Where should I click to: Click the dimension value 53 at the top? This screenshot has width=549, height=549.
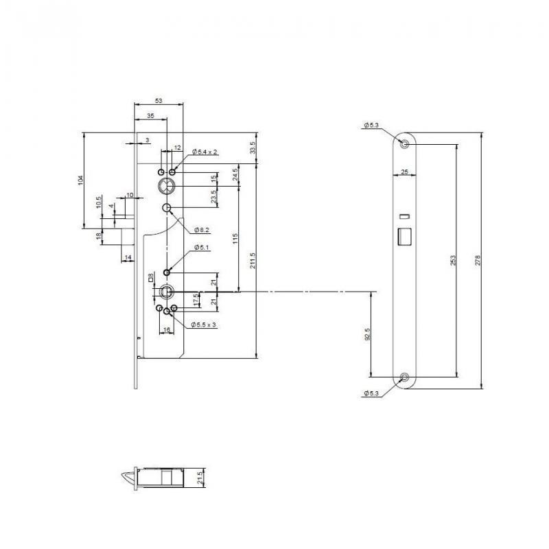[159, 101]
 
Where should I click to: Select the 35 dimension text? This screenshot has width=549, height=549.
[150, 117]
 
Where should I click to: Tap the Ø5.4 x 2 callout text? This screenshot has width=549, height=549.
[205, 151]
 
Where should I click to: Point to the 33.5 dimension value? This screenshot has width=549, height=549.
[252, 148]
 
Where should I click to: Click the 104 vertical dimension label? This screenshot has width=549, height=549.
[80, 180]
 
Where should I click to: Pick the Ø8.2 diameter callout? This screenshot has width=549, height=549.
[202, 229]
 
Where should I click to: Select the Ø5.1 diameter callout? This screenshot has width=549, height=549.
[201, 246]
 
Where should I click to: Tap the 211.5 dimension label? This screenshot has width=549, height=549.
[252, 261]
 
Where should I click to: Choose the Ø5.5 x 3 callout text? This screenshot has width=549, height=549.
[204, 324]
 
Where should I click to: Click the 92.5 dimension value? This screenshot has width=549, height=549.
[368, 334]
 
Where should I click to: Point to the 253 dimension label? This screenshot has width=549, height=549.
[453, 261]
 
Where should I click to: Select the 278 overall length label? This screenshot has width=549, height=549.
[478, 261]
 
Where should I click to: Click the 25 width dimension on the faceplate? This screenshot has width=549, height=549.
[405, 171]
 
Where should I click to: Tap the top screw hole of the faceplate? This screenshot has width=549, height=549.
[405, 144]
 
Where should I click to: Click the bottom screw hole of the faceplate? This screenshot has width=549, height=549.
[405, 377]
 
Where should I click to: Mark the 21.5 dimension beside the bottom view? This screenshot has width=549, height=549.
[200, 477]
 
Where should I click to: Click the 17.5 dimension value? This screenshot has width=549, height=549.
[196, 300]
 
